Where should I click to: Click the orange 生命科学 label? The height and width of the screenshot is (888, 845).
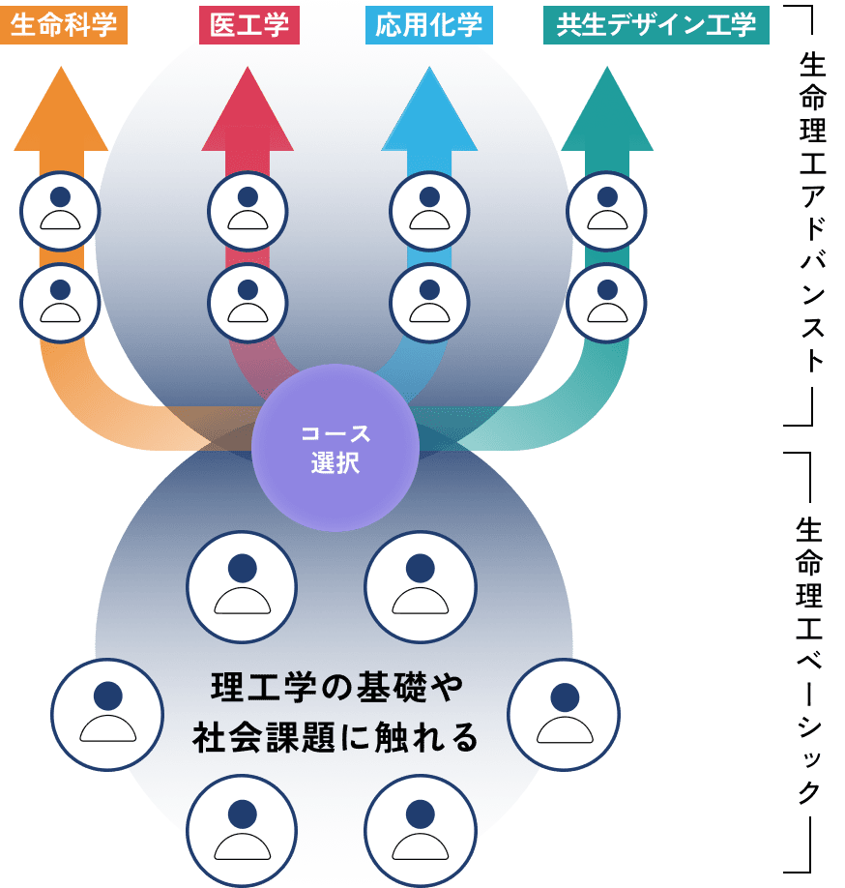[64, 24]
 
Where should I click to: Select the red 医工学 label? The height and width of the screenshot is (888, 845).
[249, 24]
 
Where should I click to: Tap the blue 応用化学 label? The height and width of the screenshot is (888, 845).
[429, 24]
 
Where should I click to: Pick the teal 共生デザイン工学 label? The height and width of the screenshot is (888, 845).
[656, 24]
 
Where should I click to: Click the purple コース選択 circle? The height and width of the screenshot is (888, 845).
[335, 448]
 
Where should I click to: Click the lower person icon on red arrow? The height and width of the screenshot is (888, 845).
[248, 303]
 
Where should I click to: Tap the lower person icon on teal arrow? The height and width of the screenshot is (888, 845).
[606, 303]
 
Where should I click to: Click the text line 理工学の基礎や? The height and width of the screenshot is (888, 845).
[336, 689]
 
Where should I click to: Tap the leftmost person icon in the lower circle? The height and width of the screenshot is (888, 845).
[107, 714]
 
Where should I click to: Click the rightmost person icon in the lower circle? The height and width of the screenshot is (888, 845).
[564, 714]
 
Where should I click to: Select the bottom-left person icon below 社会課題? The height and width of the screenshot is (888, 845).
[242, 829]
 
